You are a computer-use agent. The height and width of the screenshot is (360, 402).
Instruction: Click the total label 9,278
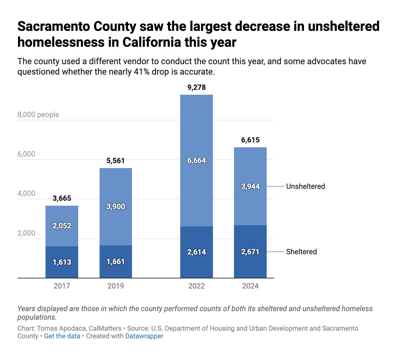pyautogui.click(x=196, y=88)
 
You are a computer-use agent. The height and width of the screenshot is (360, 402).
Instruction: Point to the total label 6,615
pyautogui.click(x=250, y=140)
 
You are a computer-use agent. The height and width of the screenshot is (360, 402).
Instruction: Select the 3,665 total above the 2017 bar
pyautogui.click(x=62, y=199)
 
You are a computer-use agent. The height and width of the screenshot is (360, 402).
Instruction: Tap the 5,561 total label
pyautogui.click(x=116, y=161)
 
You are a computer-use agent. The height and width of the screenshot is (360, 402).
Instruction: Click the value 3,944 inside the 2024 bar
pyautogui.click(x=250, y=186)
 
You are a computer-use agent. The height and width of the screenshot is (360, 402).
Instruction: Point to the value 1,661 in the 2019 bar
pyautogui.click(x=116, y=262)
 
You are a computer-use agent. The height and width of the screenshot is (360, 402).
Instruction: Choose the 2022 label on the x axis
pyautogui.click(x=196, y=286)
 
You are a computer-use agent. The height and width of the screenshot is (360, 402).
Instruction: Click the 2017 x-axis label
pyautogui.click(x=62, y=286)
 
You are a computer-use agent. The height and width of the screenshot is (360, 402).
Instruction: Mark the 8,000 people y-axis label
pyautogui.click(x=38, y=115)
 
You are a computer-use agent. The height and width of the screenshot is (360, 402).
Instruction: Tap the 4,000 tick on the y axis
pyautogui.click(x=26, y=194)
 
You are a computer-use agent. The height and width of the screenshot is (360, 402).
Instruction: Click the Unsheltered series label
pyautogui.click(x=305, y=186)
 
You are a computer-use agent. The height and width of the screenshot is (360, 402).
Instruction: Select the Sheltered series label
pyautogui.click(x=301, y=252)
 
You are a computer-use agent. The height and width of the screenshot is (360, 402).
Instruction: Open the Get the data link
pyautogui.click(x=62, y=336)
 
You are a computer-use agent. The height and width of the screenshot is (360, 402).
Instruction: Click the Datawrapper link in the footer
pyautogui.click(x=144, y=336)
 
